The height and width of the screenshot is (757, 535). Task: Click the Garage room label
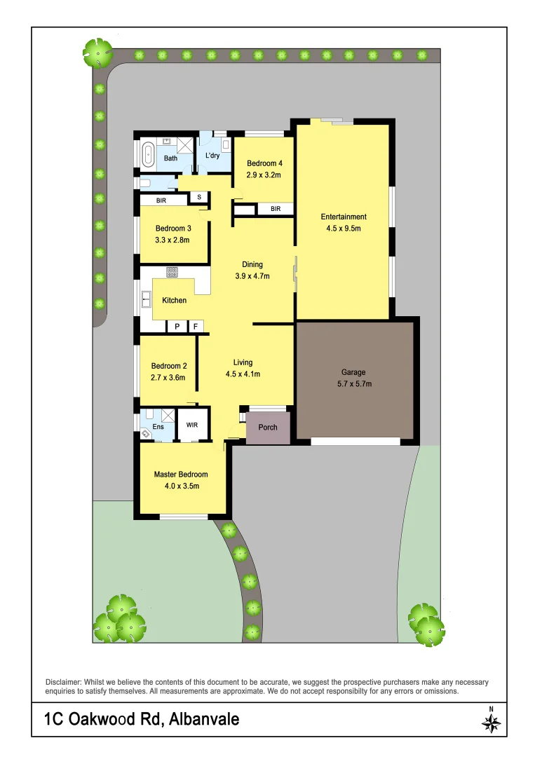(353, 372)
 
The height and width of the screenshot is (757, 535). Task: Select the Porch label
(268, 427)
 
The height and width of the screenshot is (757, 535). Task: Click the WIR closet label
(191, 425)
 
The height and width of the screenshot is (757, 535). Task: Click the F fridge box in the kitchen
(196, 326)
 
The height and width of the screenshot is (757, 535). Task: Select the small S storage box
(199, 197)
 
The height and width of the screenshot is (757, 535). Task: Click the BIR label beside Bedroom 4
(276, 209)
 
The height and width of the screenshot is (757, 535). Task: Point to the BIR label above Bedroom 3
(161, 200)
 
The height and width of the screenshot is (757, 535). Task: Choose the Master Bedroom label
(181, 475)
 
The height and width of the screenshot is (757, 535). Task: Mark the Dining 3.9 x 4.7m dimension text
(252, 275)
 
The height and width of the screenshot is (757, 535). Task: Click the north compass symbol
(492, 721)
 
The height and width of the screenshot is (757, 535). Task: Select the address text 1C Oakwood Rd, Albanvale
(142, 719)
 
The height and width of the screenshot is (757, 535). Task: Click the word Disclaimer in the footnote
(64, 682)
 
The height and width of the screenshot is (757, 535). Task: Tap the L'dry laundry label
(212, 156)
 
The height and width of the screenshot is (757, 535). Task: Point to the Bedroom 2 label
(169, 366)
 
